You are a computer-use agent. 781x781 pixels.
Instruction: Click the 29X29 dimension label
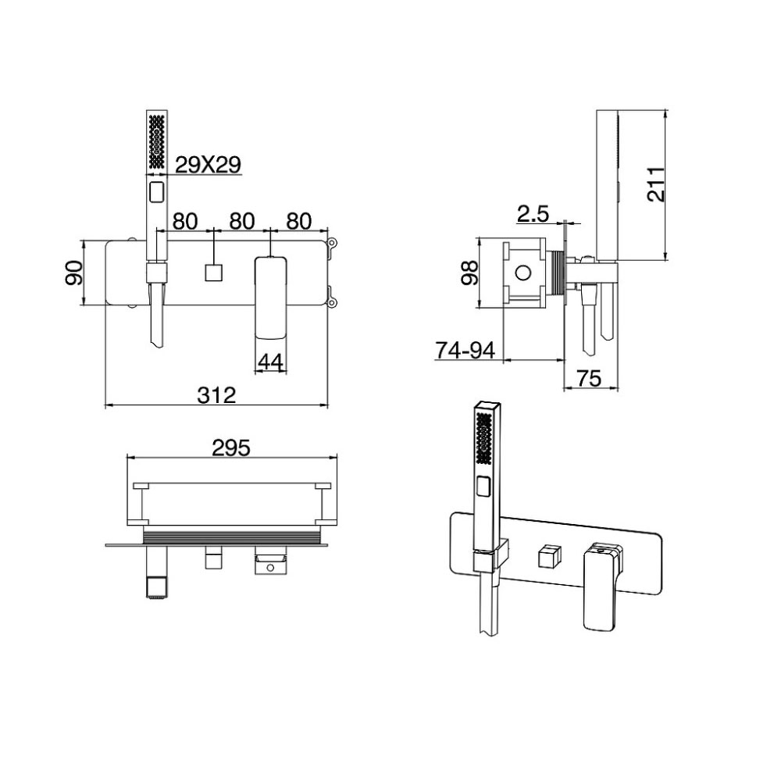(209, 165)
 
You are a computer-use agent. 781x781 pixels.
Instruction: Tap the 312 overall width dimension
(216, 395)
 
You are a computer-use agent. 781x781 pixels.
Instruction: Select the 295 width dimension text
(230, 448)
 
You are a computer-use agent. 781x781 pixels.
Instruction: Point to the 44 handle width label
(271, 362)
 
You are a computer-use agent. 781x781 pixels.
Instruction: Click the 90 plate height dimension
(74, 273)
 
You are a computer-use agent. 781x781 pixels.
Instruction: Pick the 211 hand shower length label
(655, 184)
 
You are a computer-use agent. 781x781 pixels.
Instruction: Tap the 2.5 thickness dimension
(533, 214)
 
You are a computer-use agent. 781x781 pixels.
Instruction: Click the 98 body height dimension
(469, 273)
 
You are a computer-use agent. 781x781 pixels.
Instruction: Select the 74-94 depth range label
(465, 350)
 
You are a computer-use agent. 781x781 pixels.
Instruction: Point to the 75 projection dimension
(589, 379)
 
